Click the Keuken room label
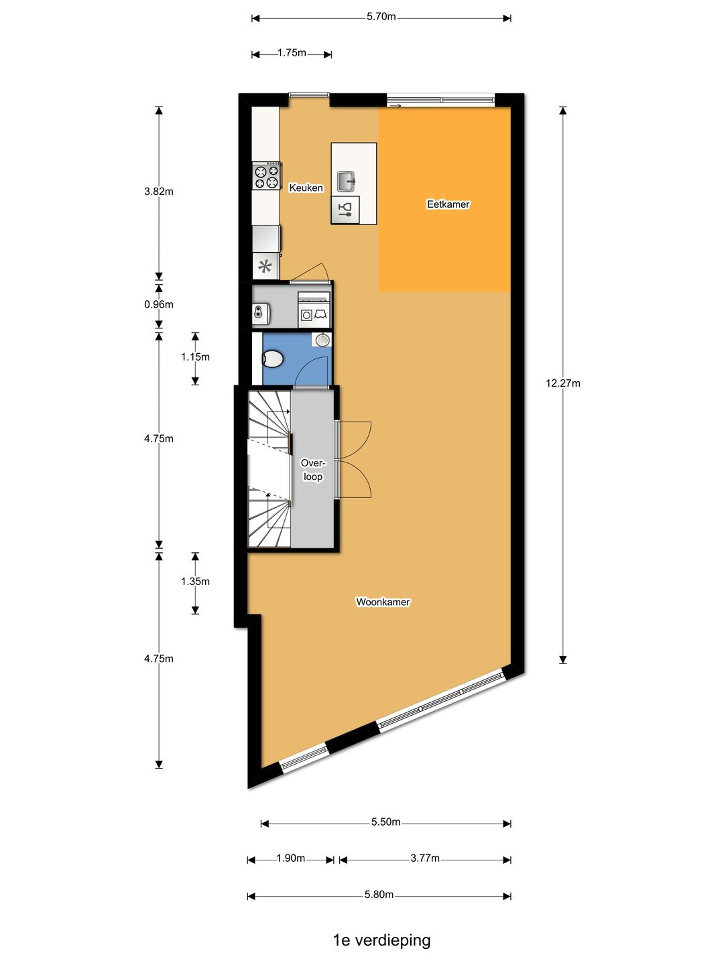[306, 188]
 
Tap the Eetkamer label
[448, 204]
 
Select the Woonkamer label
[383, 602]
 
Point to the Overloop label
[312, 470]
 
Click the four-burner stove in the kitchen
[266, 176]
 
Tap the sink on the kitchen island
[346, 180]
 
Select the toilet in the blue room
[272, 359]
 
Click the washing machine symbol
[306, 314]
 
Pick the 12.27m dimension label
[562, 383]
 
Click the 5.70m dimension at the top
[381, 17]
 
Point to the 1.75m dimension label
[292, 53]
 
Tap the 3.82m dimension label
[159, 192]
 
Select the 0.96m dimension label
[159, 304]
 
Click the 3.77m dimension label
[425, 858]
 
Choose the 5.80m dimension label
[379, 895]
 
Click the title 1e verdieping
[381, 940]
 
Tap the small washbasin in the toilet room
[322, 340]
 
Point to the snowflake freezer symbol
[265, 267]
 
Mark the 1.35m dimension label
[195, 582]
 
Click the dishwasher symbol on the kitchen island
[345, 210]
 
